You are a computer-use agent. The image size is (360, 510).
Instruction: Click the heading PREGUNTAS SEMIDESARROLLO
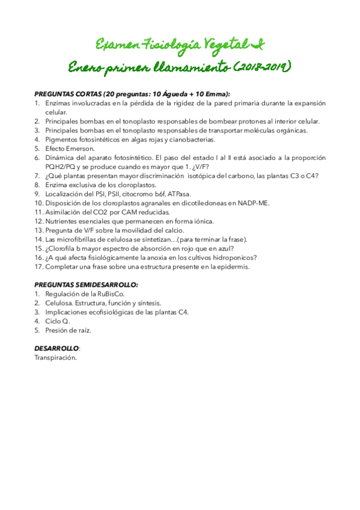[x=86, y=284]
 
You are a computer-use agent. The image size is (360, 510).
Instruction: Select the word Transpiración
[x=55, y=357]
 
